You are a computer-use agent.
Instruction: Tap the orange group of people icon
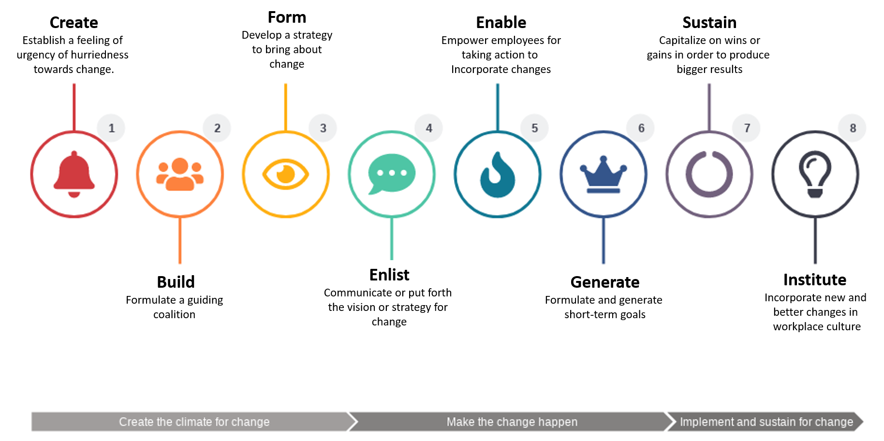(180, 174)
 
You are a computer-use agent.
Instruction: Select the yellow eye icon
(286, 174)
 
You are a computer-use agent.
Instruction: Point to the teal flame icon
(498, 175)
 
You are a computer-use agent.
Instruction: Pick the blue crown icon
(604, 175)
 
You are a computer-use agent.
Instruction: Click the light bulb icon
(815, 174)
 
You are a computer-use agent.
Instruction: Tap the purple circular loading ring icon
(709, 174)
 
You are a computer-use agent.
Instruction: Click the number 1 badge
(111, 128)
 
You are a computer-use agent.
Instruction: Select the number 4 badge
(429, 128)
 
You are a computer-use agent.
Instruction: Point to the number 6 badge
(641, 128)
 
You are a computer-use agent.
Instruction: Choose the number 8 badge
(853, 128)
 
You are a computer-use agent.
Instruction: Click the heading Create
(74, 23)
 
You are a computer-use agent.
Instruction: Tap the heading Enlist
(389, 275)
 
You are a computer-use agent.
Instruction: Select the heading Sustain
(709, 23)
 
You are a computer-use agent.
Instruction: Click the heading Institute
(815, 280)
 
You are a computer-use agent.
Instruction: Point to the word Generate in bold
(605, 282)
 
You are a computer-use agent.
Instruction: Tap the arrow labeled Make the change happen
(512, 422)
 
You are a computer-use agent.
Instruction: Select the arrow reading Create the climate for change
(194, 422)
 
